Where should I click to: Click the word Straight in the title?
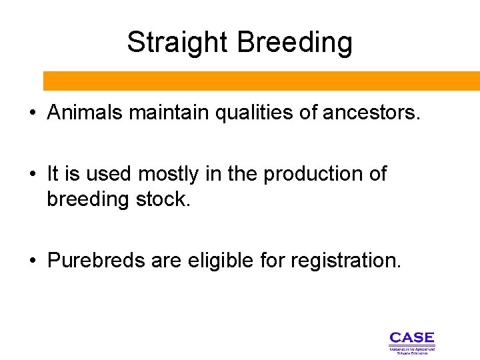point(178,43)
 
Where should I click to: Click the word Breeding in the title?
point(294,43)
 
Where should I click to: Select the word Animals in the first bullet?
point(85,113)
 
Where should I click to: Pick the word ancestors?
point(371,113)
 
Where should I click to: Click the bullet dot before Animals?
point(32,113)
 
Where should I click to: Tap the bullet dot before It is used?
point(32,175)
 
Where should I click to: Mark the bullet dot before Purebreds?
point(32,261)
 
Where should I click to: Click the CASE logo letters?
point(411,338)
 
